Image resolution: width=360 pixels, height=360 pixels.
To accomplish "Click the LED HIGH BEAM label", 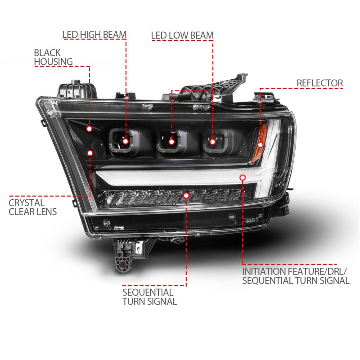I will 94,35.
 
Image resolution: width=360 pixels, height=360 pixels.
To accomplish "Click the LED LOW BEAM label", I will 182,35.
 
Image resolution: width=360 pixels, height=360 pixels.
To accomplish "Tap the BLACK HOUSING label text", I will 53,57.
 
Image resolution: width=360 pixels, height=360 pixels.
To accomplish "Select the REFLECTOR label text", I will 319,83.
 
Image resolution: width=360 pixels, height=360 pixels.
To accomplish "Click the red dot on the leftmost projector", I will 126,141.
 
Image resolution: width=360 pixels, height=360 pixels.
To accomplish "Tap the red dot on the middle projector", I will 171,142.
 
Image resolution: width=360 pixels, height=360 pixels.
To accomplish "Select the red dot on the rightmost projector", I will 212,141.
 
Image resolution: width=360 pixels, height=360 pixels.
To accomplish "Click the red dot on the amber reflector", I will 260,145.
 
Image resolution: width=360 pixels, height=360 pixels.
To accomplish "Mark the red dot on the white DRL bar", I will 243,177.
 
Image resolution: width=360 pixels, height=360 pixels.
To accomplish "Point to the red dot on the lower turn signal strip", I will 186,195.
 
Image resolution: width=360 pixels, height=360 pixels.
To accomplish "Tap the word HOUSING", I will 53,62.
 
